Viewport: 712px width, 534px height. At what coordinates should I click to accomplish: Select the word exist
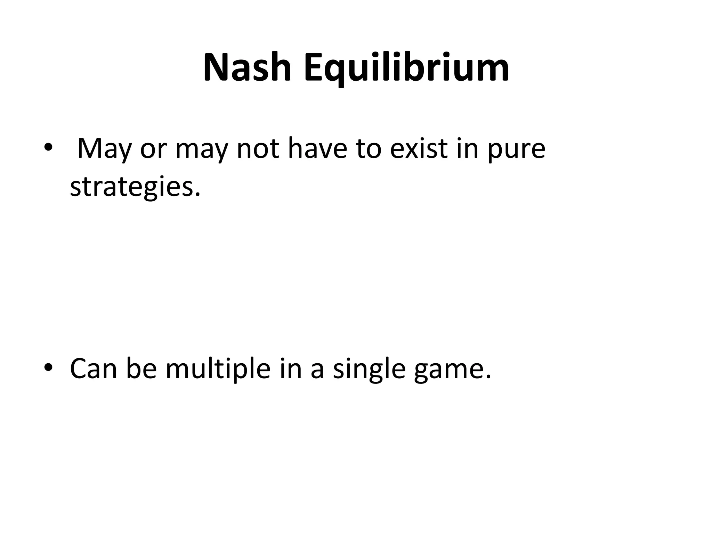click(419, 149)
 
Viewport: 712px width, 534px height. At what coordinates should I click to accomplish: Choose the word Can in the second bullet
click(94, 369)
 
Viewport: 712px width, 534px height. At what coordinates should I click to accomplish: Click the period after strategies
click(198, 194)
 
